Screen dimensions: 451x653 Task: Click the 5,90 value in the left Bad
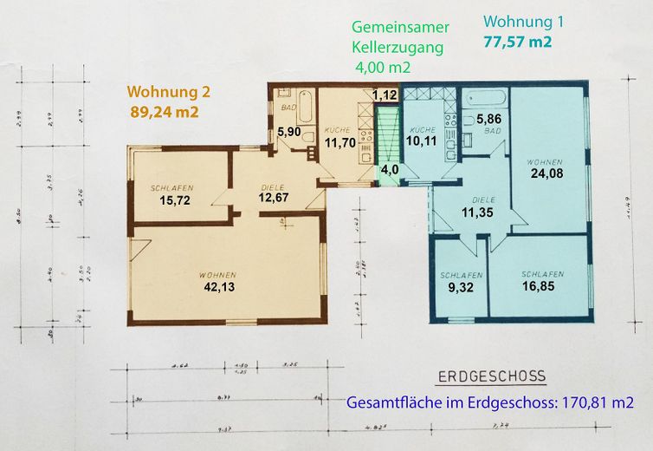[288, 132]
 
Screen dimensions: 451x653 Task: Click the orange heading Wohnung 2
[169, 91]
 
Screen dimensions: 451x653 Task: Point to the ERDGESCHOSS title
[490, 376]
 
